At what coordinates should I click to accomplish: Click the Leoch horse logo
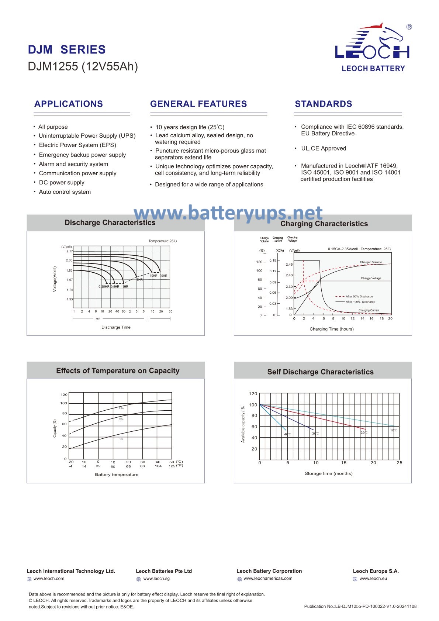[373, 42]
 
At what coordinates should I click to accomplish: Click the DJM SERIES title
[67, 50]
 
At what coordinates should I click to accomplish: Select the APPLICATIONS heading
[69, 104]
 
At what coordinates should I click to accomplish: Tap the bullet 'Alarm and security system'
[73, 164]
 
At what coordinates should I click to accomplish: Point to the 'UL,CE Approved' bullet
[323, 149]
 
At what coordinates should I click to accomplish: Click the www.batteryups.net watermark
[228, 213]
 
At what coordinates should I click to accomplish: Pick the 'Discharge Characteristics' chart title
[110, 222]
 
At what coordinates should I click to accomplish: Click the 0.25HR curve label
[104, 287]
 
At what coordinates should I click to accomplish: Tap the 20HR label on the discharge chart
[163, 276]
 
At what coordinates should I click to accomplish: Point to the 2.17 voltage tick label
[69, 251]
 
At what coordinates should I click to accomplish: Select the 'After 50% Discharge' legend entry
[359, 296]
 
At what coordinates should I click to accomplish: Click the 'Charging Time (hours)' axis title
[331, 329]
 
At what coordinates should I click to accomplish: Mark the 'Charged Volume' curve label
[371, 262]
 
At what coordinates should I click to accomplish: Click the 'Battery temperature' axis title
[117, 475]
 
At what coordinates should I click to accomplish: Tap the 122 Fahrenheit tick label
[172, 466]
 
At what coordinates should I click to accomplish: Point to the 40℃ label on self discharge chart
[287, 434]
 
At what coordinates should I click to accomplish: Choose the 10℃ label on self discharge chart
[394, 431]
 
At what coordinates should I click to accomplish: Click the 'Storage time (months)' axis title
[328, 473]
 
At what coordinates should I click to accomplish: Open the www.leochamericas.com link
[268, 579]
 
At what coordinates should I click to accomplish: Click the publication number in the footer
[360, 606]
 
